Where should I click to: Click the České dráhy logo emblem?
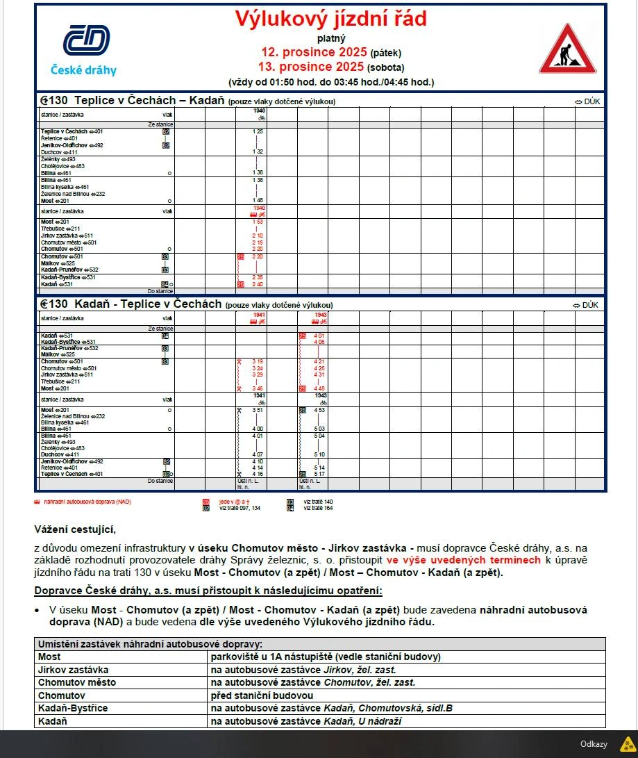point(86,40)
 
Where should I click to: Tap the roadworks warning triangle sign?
point(567,50)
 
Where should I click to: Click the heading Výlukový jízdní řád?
point(330,19)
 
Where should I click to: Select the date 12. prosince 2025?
point(314,52)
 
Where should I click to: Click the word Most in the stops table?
point(49,657)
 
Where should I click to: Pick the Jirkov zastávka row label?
point(73,670)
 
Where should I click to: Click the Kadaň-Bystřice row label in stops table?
point(73,708)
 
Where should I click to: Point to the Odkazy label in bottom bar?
point(594,743)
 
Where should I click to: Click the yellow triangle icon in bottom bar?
point(626,743)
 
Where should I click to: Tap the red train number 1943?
point(321,315)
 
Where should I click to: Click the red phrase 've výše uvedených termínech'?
point(463,560)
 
